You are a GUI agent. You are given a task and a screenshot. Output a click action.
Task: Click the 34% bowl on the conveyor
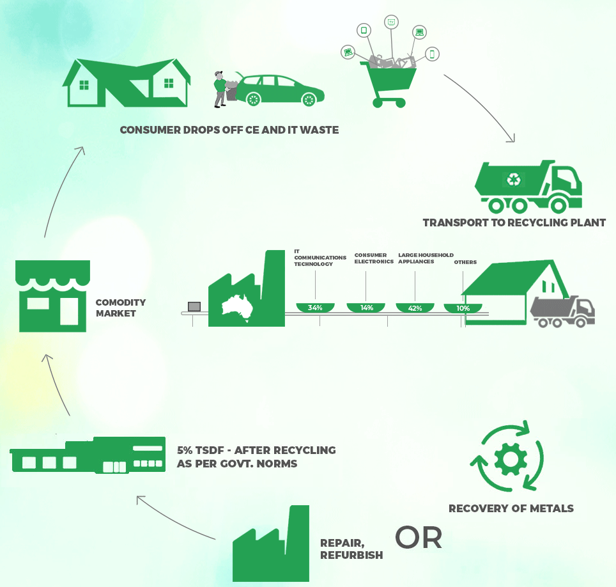click(x=315, y=308)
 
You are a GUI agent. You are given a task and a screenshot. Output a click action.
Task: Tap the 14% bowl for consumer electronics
click(x=366, y=308)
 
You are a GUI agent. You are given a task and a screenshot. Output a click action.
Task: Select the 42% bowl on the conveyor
click(x=415, y=308)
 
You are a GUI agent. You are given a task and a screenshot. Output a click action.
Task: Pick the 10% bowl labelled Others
click(x=462, y=308)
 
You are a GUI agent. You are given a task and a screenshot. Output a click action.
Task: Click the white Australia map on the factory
click(x=236, y=306)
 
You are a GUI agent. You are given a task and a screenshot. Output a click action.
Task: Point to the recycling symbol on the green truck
click(x=514, y=180)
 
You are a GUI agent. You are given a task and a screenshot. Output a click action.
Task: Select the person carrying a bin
click(x=221, y=90)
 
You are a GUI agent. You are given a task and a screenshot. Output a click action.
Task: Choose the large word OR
click(x=419, y=538)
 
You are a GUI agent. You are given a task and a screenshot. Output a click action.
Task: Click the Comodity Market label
click(x=120, y=308)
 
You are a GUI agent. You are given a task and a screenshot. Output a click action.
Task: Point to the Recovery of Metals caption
click(x=511, y=509)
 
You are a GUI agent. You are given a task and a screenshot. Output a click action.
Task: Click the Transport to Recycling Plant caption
click(x=514, y=223)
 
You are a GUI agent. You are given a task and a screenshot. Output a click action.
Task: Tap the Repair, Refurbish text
click(x=351, y=549)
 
